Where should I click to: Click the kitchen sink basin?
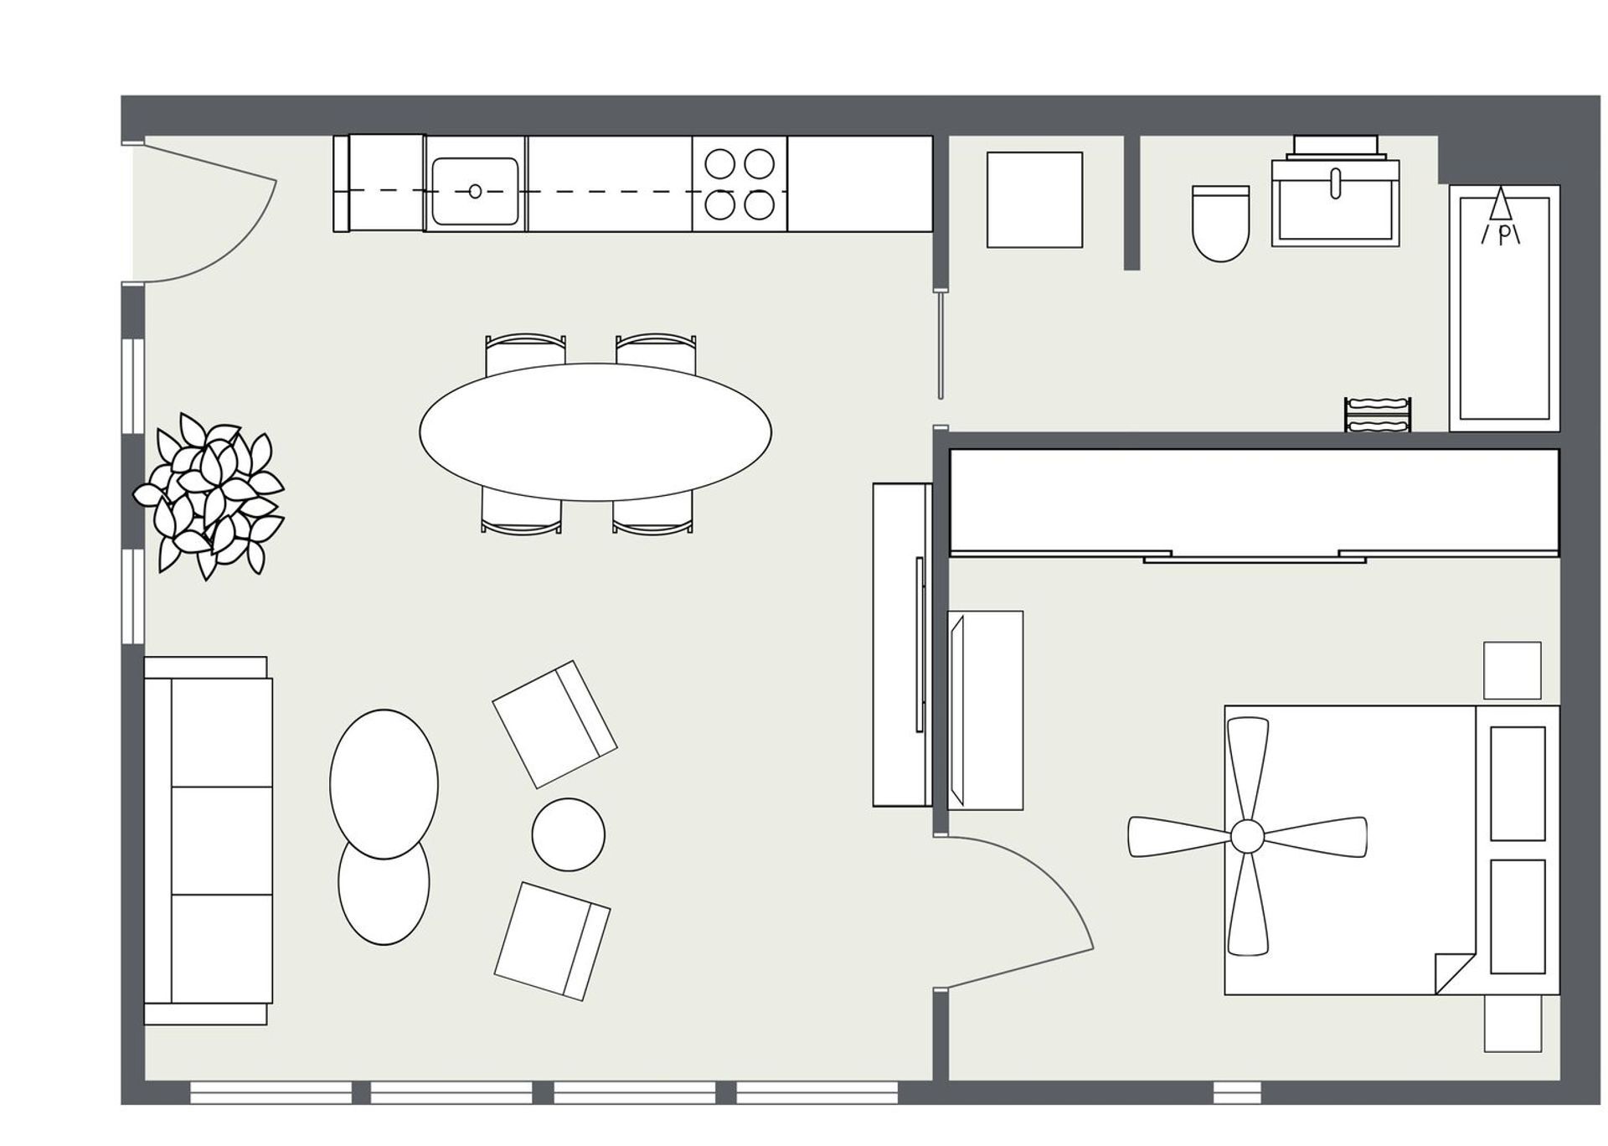pos(475,192)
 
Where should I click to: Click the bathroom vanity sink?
pos(1335,202)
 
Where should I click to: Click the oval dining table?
pos(595,431)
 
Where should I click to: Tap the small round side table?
pos(568,834)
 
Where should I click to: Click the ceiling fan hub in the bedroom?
pos(1246,835)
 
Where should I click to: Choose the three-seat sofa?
pos(209,840)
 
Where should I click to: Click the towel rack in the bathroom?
pos(1378,416)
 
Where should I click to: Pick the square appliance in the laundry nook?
pos(1034,200)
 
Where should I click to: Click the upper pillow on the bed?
pos(1517,783)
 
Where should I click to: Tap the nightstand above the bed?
pos(1512,670)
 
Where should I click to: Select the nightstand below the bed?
pos(1513,1023)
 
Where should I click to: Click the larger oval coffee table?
pos(384,783)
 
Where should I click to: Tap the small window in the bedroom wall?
pos(1237,1092)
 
